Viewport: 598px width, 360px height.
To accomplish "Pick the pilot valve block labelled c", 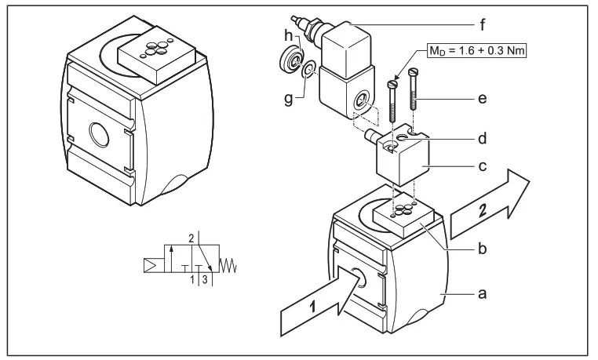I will (x=403, y=161).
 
